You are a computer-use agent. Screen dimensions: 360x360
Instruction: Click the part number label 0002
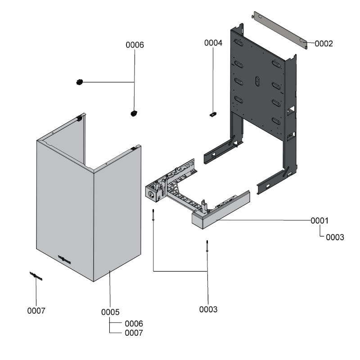[x=324, y=44]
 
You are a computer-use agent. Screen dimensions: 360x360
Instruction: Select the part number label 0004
[x=213, y=43]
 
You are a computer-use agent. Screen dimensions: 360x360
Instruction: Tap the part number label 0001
[x=319, y=221]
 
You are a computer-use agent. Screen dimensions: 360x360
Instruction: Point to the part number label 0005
[x=110, y=312]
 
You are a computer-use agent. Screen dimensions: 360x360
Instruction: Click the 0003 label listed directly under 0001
[x=335, y=237]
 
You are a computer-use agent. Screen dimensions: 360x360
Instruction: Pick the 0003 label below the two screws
[x=208, y=309]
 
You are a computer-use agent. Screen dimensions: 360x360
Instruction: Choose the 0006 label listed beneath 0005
[x=134, y=323]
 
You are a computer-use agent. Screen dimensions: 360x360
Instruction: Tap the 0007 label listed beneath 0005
[x=134, y=333]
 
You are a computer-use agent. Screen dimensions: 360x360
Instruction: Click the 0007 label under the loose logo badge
[x=36, y=310]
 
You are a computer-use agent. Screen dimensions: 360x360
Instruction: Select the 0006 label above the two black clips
[x=135, y=45]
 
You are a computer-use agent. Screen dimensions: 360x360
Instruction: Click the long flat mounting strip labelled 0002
[x=279, y=31]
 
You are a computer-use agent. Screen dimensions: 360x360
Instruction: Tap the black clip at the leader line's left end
[x=80, y=82]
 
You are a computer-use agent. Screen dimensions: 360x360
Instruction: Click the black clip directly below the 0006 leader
[x=134, y=113]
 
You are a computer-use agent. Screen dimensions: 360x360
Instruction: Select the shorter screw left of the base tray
[x=154, y=215]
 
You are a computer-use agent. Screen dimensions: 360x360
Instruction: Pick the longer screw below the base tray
[x=207, y=247]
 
